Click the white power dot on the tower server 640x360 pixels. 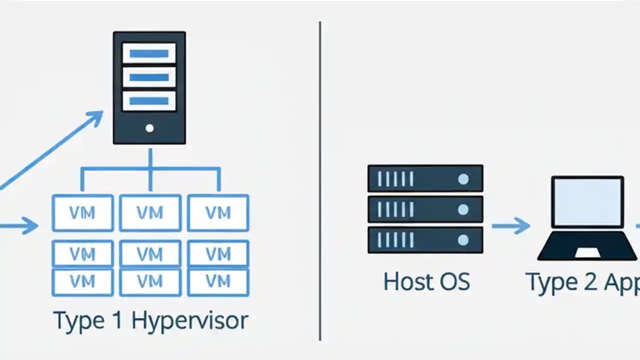pyautogui.click(x=149, y=128)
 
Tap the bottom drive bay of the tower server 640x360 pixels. pyautogui.click(x=149, y=100)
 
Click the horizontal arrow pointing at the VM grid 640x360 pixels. pyautogui.click(x=20, y=225)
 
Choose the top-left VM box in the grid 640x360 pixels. pyautogui.click(x=82, y=213)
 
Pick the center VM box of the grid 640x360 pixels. pyautogui.click(x=150, y=254)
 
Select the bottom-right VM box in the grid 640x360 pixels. pyautogui.click(x=218, y=282)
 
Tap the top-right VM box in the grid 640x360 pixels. pyautogui.click(x=218, y=213)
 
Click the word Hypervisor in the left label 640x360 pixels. pyautogui.click(x=189, y=320)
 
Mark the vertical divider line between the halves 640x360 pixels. pyautogui.click(x=320, y=180)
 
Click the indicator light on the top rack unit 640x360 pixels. pyautogui.click(x=463, y=178)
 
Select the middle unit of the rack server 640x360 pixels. pyautogui.click(x=425, y=209)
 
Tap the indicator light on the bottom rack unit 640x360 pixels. pyautogui.click(x=463, y=240)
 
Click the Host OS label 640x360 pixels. pyautogui.click(x=426, y=281)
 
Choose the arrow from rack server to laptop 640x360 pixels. pyautogui.click(x=510, y=225)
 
